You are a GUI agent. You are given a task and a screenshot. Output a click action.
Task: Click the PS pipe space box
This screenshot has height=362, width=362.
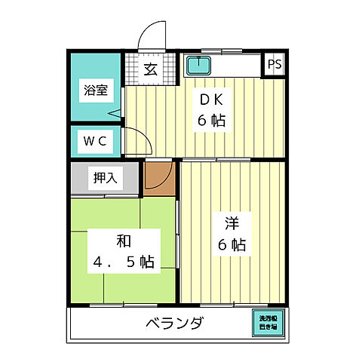tap(274, 64)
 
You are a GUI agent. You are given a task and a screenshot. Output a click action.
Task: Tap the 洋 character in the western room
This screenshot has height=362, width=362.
tap(232, 224)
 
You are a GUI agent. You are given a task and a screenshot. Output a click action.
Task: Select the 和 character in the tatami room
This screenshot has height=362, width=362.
tap(124, 241)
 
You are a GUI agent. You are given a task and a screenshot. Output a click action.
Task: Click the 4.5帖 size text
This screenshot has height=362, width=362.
tap(124, 262)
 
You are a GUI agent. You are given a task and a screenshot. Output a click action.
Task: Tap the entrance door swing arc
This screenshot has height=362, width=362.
tap(153, 34)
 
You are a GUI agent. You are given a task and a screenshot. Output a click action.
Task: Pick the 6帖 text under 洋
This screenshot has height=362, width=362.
tap(232, 245)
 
